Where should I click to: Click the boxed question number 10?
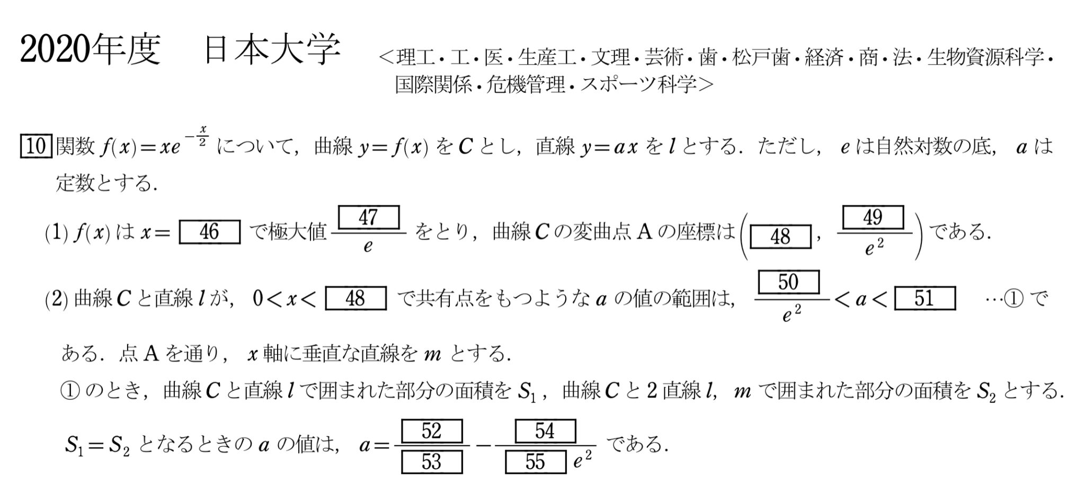pyautogui.click(x=35, y=146)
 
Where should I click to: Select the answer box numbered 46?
pyautogui.click(x=209, y=232)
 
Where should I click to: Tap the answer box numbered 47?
pyautogui.click(x=368, y=217)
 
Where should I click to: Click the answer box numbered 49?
pyautogui.click(x=873, y=217)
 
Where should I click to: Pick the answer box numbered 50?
pyautogui.click(x=788, y=282)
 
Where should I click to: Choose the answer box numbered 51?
pyautogui.click(x=924, y=298)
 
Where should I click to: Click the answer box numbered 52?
pyautogui.click(x=431, y=431)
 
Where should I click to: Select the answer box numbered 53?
pyautogui.click(x=431, y=462)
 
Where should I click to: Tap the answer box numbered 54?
pyautogui.click(x=545, y=431)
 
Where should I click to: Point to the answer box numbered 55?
pyautogui.click(x=535, y=462)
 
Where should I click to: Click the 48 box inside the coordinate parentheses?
pyautogui.click(x=780, y=237)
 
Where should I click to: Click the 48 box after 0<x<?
pyautogui.click(x=355, y=298)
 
